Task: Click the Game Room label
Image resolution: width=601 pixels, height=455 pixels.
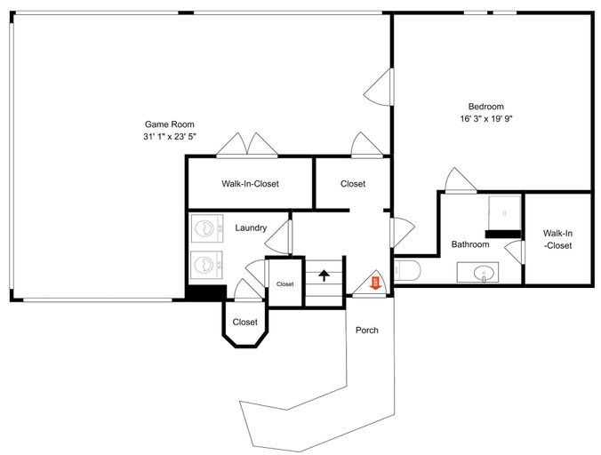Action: pos(170,124)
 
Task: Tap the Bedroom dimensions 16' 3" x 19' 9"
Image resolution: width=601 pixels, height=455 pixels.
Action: pos(486,119)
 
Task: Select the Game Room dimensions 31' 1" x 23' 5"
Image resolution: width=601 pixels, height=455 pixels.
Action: pos(170,137)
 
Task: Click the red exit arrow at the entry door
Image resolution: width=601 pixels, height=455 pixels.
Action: pos(375,283)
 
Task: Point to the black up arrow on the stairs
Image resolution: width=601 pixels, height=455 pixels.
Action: pos(325,275)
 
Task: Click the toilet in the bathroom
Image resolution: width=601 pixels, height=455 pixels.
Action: pos(407,270)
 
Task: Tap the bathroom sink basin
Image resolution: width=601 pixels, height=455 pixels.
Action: pos(484,274)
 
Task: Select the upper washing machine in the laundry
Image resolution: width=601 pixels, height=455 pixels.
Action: pos(206,228)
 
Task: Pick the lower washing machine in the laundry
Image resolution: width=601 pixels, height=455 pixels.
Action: pos(206,265)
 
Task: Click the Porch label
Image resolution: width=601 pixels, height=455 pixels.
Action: pos(367,331)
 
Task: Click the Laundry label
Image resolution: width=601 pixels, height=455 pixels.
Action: pos(251,227)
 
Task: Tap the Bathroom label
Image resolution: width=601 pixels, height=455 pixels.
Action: pos(470,244)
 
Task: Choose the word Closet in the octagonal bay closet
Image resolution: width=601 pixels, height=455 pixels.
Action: pos(244,322)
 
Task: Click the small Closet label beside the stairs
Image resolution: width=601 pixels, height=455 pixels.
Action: pos(285,284)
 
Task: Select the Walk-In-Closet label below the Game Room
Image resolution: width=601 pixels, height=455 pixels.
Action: pos(250,184)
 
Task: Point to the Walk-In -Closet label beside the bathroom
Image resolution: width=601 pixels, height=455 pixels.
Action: pos(557,239)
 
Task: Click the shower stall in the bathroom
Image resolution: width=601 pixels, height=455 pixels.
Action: pos(504,213)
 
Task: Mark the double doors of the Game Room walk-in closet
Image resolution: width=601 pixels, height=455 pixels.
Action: pos(247,146)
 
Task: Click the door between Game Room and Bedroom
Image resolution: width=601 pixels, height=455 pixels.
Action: pos(379,87)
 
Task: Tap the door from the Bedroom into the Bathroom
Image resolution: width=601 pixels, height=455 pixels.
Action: pos(461,180)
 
